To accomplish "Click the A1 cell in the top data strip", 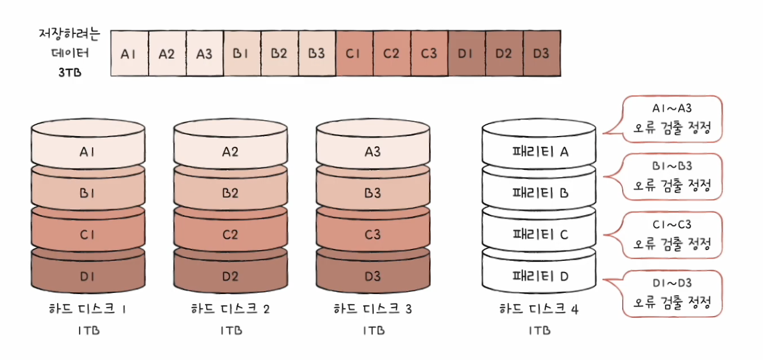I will click(x=129, y=53).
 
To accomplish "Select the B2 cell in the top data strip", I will click(x=279, y=53).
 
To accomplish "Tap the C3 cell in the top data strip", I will click(x=429, y=53).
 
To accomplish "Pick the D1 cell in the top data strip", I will click(x=466, y=53).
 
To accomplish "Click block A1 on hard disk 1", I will click(x=87, y=152).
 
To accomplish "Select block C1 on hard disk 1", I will click(x=87, y=235).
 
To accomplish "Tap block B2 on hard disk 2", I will click(x=230, y=194).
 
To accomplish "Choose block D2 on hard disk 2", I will click(x=230, y=276).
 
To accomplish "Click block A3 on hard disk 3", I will click(x=373, y=152).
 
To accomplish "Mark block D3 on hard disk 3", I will click(x=373, y=276).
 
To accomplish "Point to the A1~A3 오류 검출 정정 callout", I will click(x=671, y=118).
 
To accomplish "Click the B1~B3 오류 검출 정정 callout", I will click(x=671, y=176).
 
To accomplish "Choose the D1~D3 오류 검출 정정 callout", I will click(x=671, y=293).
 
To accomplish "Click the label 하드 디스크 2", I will click(x=230, y=310).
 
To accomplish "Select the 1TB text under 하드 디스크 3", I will click(x=373, y=330).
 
